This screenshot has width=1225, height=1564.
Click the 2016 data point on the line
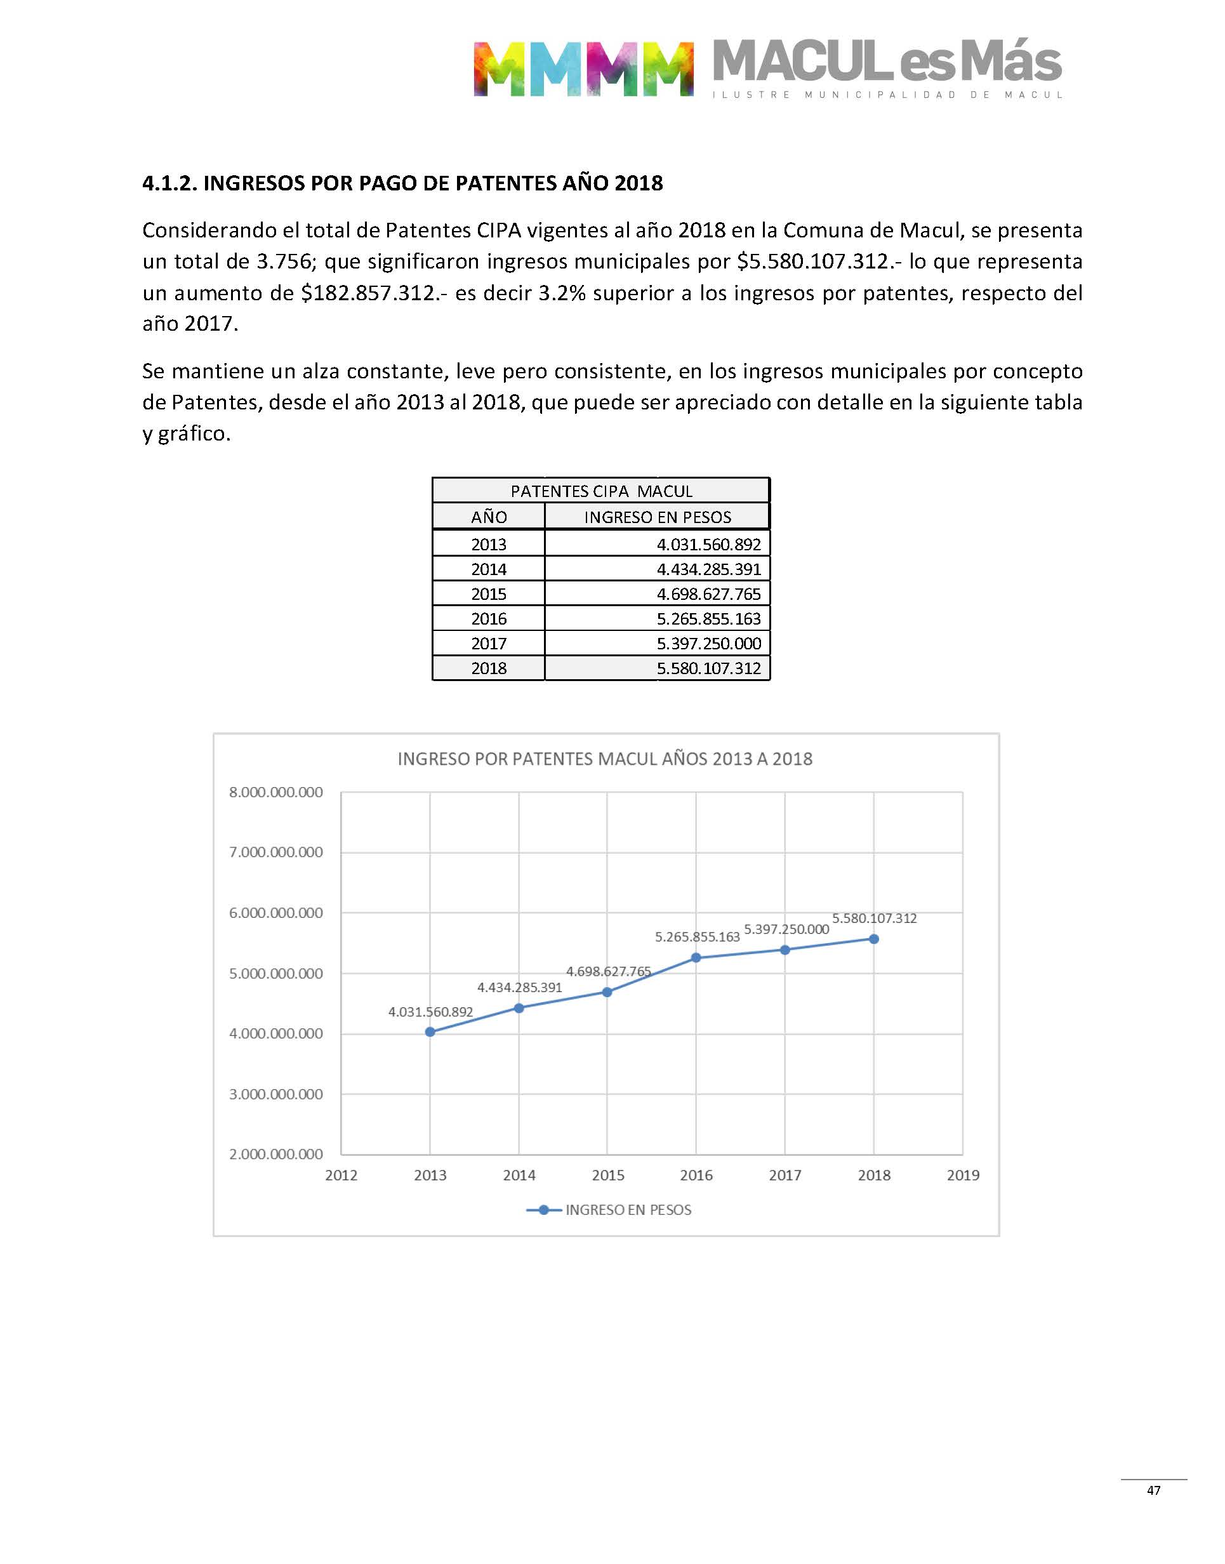(696, 957)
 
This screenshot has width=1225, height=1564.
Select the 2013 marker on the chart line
(430, 1032)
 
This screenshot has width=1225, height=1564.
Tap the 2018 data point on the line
(873, 939)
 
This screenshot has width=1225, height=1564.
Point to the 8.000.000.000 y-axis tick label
(276, 792)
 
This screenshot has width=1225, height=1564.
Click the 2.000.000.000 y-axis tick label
(276, 1154)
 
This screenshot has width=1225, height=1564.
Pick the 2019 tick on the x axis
(962, 1176)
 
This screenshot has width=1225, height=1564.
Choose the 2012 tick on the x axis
(341, 1176)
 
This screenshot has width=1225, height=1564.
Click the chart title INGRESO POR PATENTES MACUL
(605, 759)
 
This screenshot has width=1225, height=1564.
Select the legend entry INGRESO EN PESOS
(628, 1210)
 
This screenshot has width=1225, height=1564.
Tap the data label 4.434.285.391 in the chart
(520, 988)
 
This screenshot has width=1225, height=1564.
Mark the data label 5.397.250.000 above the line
(786, 929)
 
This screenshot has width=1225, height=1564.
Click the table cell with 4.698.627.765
(708, 593)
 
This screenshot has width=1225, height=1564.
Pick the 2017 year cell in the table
(489, 643)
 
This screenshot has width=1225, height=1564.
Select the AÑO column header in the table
(489, 517)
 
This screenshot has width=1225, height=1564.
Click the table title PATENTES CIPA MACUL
(601, 491)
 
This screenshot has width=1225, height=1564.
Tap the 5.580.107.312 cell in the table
(708, 668)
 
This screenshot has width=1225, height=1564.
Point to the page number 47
(1153, 1490)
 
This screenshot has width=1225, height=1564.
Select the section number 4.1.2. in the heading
(169, 183)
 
